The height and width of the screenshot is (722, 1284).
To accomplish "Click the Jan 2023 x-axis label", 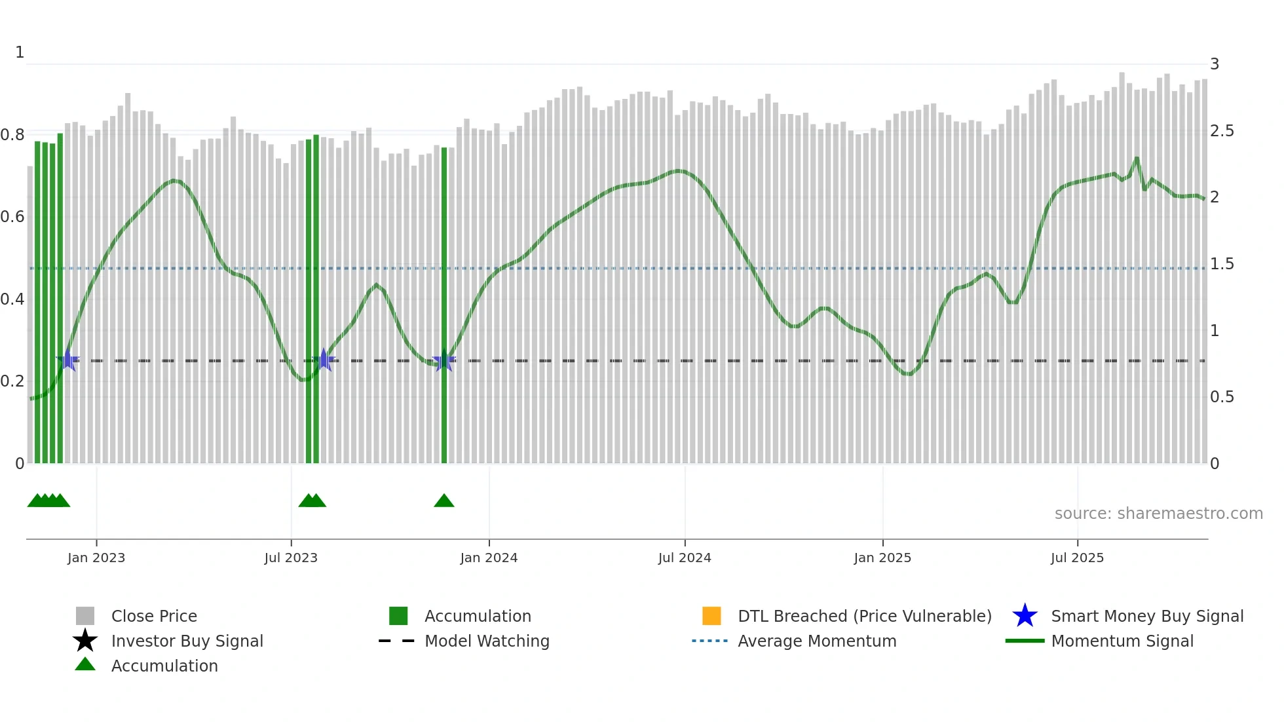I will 96,558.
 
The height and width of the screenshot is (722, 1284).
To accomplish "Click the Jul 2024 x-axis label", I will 684,558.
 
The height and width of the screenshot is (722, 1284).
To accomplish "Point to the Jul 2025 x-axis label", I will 1077,558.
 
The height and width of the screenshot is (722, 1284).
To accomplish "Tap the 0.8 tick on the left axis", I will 12,135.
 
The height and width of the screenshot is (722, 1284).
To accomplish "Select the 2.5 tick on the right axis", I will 1222,131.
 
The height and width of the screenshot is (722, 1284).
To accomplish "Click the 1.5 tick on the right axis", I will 1222,264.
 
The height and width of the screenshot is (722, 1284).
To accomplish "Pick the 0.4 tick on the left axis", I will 12,299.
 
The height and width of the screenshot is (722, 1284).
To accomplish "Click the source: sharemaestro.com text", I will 1158,513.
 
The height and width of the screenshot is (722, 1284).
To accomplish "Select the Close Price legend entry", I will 154,616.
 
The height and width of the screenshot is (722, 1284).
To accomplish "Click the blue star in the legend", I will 1025,616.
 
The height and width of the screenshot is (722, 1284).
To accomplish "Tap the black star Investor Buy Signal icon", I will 85,641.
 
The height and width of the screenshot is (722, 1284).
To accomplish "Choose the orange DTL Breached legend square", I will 711,616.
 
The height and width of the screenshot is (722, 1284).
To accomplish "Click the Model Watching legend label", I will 487,641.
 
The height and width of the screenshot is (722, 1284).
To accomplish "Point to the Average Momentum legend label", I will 817,641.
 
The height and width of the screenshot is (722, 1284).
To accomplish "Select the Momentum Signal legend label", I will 1122,641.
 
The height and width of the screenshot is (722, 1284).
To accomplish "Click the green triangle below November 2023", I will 444,501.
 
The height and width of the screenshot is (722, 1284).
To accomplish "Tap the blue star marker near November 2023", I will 444,360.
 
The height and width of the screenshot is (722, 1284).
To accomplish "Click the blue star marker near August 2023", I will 324,360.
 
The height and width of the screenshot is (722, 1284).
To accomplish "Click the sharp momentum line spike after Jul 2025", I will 1137,159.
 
